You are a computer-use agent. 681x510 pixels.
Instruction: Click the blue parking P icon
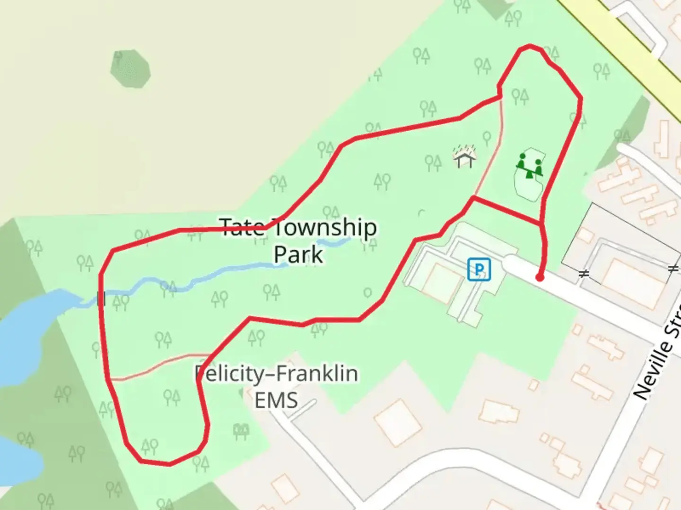click(479, 270)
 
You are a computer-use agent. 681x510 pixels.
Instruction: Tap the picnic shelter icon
click(464, 157)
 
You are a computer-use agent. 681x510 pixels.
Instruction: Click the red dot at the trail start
click(540, 278)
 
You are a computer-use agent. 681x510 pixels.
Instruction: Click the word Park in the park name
click(298, 254)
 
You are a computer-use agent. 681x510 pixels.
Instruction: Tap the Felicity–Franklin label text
click(277, 374)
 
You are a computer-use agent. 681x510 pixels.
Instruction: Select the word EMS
click(276, 399)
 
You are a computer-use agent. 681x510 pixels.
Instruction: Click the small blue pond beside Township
click(334, 242)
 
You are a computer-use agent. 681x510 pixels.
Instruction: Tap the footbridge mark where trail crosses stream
click(100, 298)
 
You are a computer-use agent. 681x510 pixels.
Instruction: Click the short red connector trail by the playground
click(506, 211)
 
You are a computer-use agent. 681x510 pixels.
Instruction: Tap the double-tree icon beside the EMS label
click(241, 430)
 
